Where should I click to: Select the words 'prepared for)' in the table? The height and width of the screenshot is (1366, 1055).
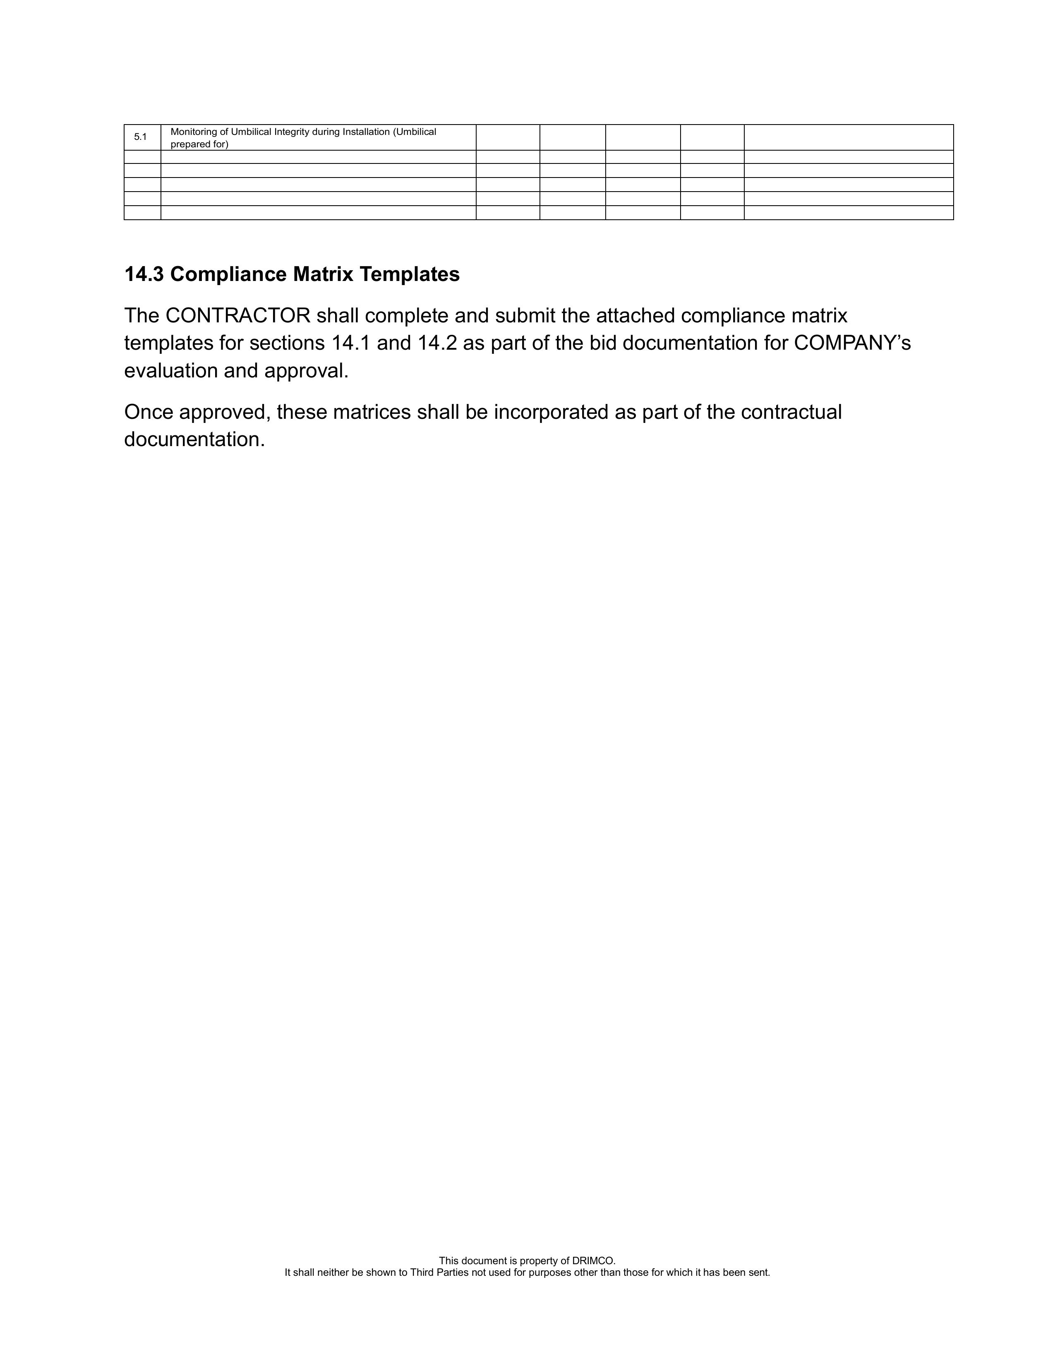199,144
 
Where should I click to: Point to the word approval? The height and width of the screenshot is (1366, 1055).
307,371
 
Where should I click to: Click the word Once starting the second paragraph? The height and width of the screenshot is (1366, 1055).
148,412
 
